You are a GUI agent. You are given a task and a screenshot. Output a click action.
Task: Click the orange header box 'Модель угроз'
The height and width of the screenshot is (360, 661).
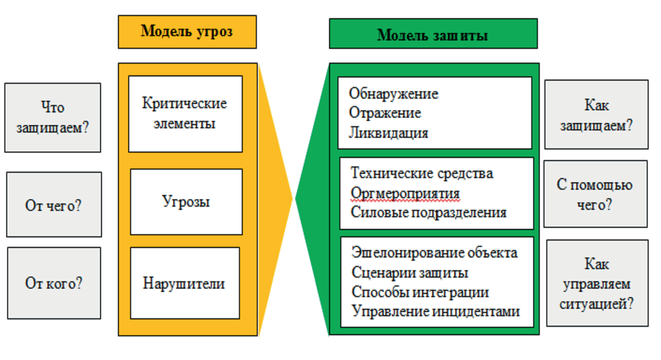tap(187, 32)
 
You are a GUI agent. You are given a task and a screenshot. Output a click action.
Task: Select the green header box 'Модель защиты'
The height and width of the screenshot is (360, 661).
tap(433, 34)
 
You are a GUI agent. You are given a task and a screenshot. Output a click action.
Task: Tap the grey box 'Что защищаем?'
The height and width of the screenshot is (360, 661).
tap(52, 118)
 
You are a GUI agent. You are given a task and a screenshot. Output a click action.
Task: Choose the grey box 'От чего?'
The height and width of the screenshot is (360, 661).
tap(54, 204)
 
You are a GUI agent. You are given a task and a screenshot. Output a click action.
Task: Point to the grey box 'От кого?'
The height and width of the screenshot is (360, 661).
tap(54, 283)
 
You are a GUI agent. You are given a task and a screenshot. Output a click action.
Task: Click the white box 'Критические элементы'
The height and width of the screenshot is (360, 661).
tap(185, 114)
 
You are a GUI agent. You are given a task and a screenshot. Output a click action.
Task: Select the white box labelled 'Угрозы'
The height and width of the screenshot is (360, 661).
tap(186, 202)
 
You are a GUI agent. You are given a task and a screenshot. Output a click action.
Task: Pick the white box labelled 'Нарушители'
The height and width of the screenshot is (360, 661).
tap(185, 283)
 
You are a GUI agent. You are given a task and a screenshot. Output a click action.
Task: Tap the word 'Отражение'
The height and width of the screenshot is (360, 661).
tap(385, 113)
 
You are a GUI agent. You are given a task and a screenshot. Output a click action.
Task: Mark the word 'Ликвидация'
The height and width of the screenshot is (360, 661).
tap(388, 132)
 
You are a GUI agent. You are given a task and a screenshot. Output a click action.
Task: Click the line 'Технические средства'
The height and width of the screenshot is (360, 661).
tap(422, 173)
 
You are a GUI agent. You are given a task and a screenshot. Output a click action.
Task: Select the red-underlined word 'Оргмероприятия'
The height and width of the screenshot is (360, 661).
tap(405, 193)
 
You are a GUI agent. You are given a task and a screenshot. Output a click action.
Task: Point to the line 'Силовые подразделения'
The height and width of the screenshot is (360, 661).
tap(428, 213)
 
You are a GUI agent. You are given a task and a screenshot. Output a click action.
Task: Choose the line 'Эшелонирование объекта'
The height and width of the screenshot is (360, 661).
tap(434, 253)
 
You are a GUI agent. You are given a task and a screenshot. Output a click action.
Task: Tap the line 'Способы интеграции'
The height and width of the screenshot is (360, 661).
tap(420, 292)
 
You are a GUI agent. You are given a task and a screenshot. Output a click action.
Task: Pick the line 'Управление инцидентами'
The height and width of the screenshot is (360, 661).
tap(436, 312)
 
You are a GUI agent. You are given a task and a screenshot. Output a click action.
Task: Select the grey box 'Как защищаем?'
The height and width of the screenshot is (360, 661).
tap(596, 115)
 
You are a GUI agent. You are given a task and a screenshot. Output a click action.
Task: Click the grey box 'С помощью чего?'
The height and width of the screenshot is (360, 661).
tap(595, 194)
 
